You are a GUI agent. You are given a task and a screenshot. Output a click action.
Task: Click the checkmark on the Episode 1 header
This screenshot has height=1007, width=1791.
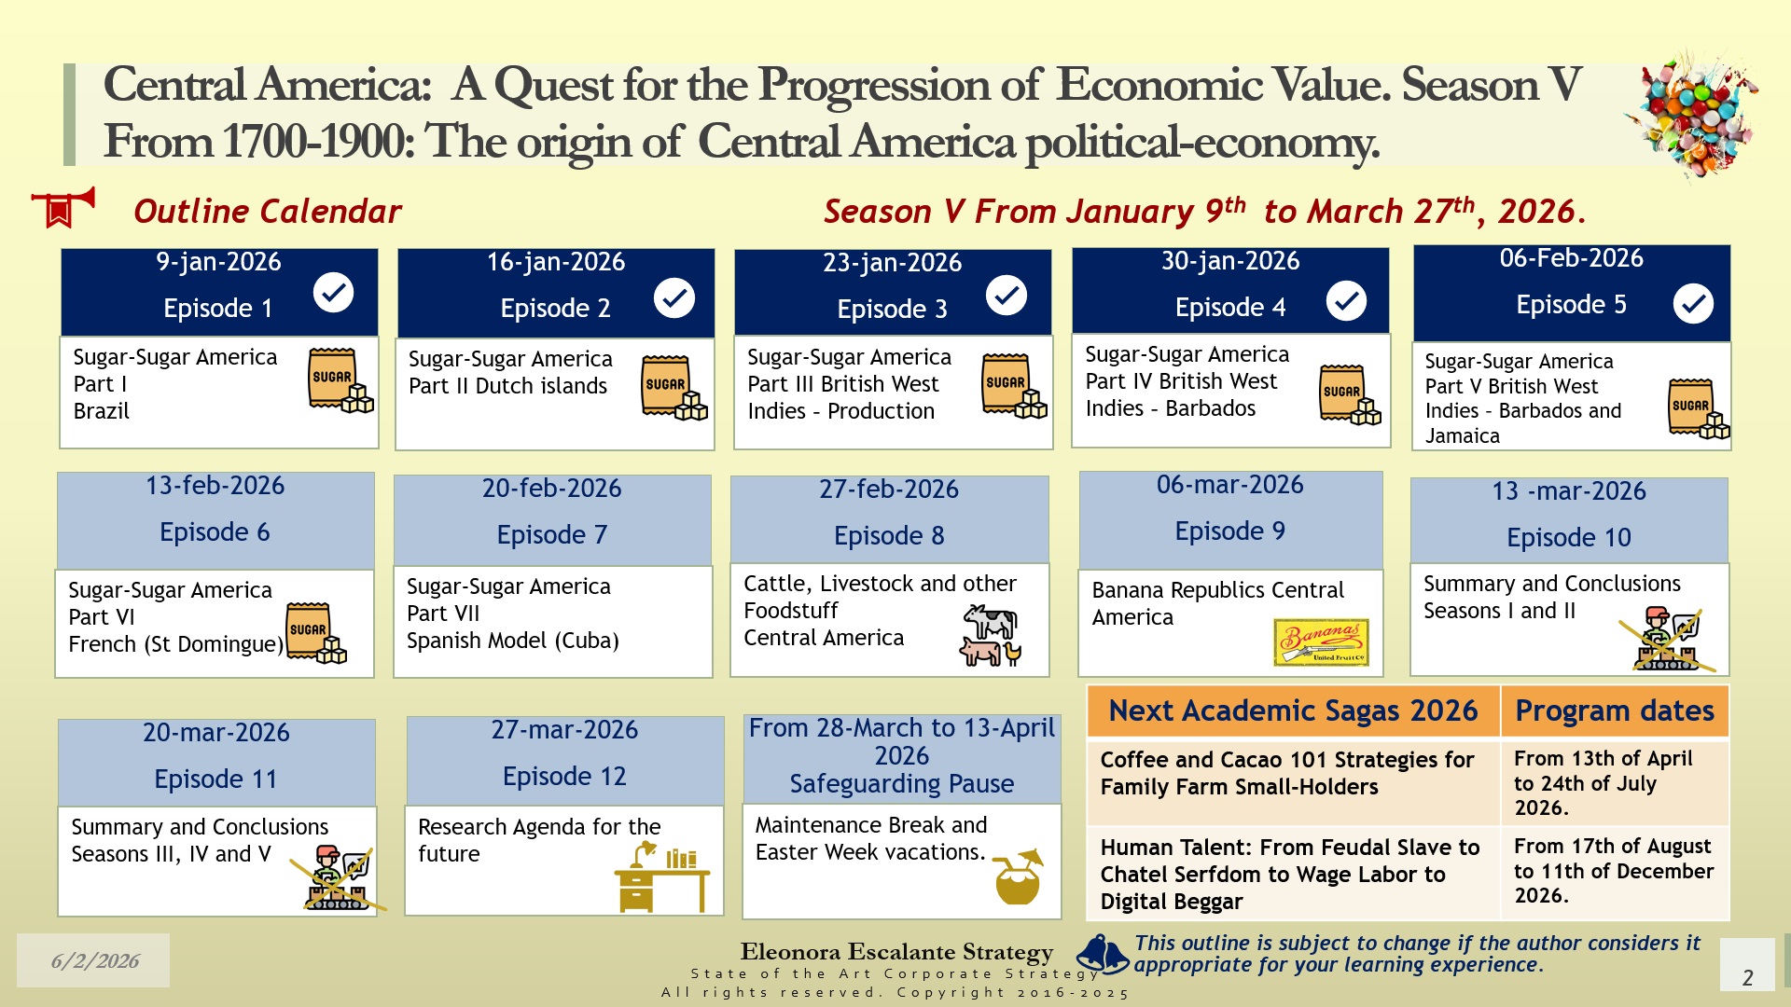pos(333,293)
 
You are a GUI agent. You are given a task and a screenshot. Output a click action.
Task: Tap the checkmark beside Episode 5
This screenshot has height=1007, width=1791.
pos(1693,303)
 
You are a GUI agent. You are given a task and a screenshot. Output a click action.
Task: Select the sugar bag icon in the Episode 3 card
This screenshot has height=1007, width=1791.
pos(1014,385)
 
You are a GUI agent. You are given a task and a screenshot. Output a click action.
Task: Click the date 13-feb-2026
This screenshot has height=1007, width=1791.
pos(215,486)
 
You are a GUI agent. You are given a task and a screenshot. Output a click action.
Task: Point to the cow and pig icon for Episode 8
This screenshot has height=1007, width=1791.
pos(992,635)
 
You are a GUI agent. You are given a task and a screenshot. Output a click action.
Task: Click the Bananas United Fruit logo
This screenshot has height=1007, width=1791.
pos(1322,641)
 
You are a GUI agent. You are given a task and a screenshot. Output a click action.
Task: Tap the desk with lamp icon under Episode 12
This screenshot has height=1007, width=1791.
pos(661,876)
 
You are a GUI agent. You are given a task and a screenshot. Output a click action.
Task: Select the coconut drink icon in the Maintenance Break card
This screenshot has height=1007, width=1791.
pos(1018,876)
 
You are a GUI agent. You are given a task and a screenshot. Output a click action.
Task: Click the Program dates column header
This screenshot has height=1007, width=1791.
pos(1615,710)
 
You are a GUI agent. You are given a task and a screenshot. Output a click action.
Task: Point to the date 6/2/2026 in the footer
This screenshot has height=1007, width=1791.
pos(95,961)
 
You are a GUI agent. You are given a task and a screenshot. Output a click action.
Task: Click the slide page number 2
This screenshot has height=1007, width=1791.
pos(1748,977)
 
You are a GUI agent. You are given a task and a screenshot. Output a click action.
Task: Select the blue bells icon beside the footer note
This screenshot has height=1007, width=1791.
pos(1104,954)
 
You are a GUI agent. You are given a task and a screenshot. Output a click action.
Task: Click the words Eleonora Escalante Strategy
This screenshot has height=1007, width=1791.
pos(896,951)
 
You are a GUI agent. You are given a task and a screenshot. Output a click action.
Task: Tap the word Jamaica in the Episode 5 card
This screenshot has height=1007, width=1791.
pos(1463,435)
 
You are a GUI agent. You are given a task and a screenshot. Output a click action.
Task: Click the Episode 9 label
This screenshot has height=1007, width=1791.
pos(1230,531)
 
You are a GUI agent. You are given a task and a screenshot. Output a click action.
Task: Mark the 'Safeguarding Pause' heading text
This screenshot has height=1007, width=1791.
pos(902,783)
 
